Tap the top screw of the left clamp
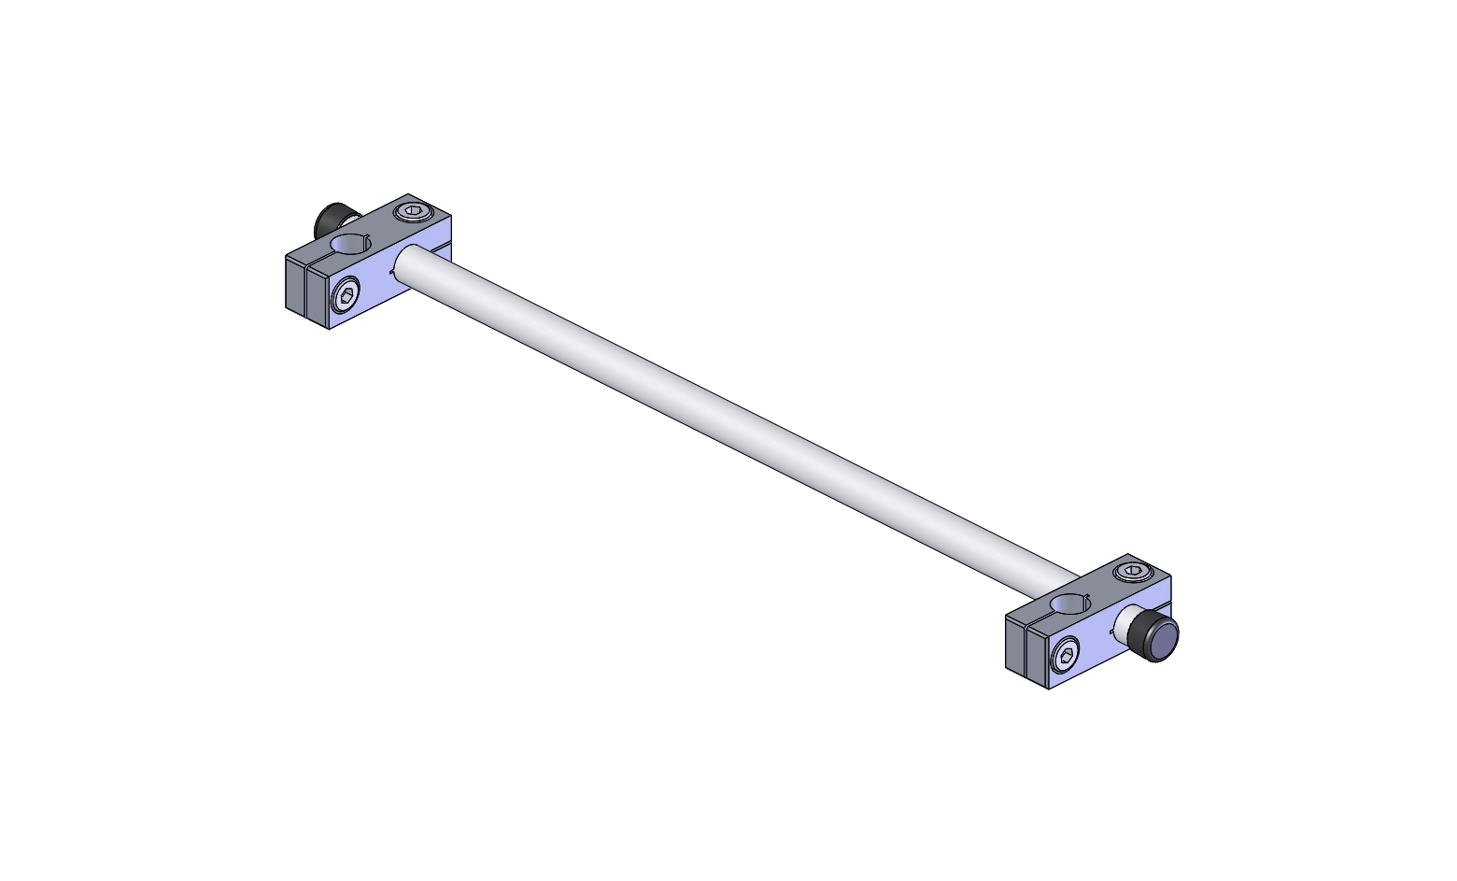[x=411, y=213]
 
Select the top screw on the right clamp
[x=1132, y=572]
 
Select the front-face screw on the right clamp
[x=1066, y=657]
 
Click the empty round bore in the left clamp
[x=352, y=244]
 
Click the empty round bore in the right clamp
[x=1072, y=604]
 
